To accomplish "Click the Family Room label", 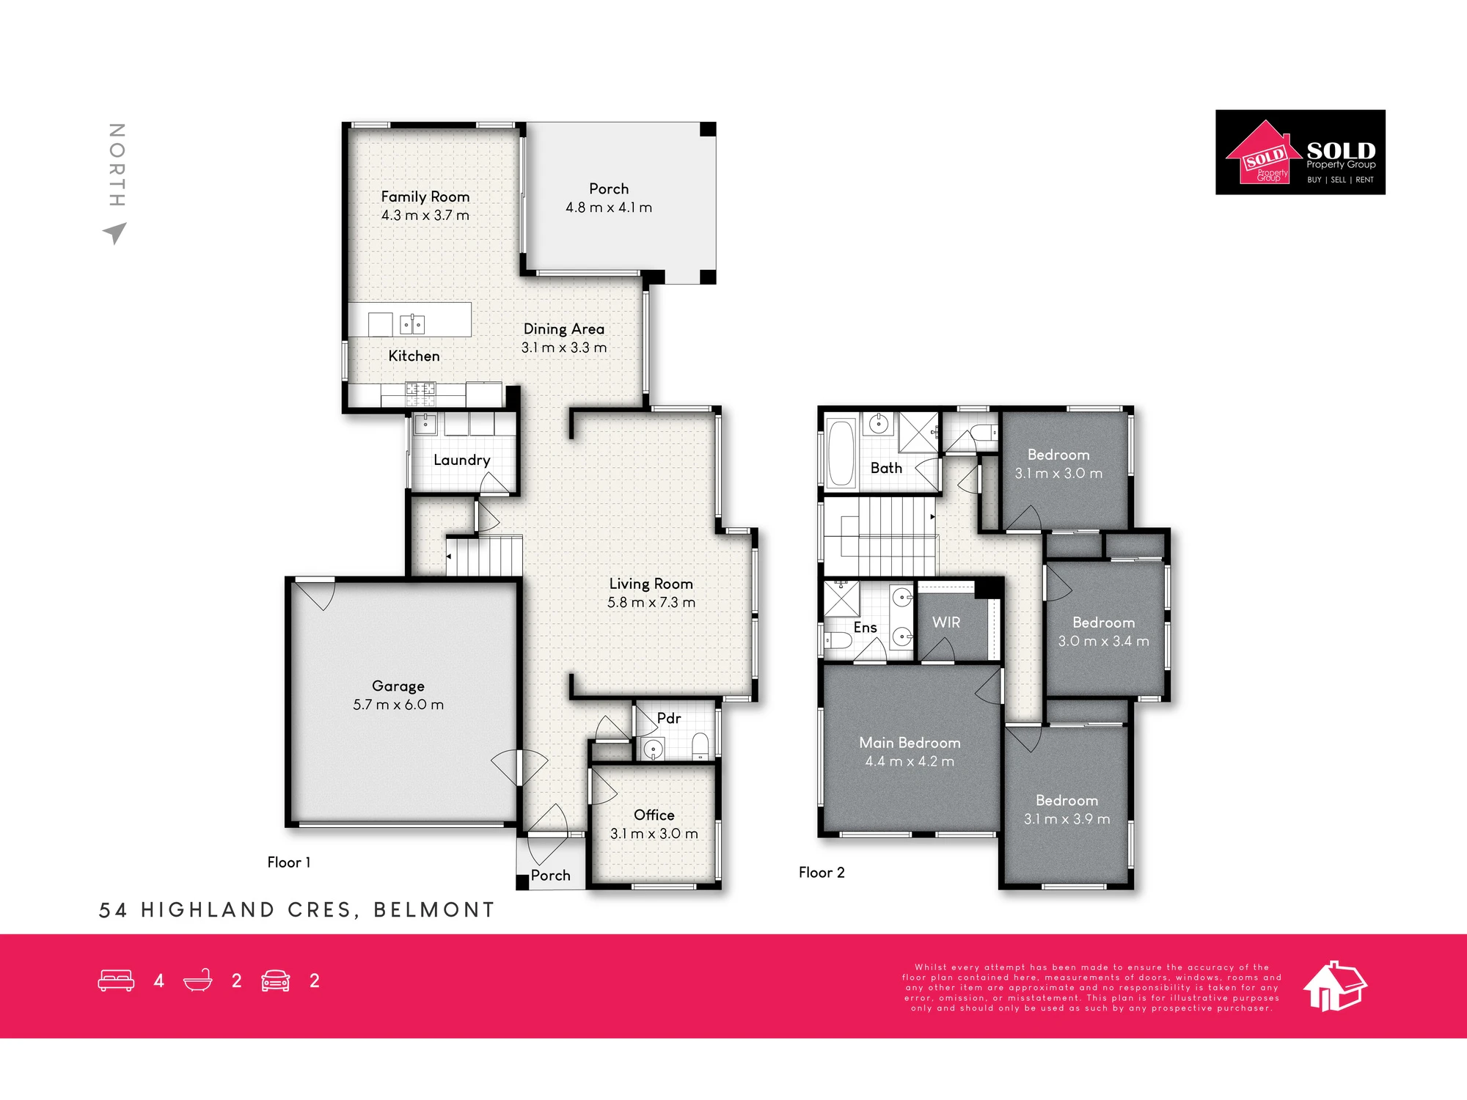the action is click(x=425, y=197).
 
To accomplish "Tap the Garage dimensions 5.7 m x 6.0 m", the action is click(x=398, y=705).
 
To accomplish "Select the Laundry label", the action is click(x=461, y=460).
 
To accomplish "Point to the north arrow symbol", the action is click(x=115, y=233).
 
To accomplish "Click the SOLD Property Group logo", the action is click(x=1300, y=153).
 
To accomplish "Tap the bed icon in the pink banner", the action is click(x=116, y=980).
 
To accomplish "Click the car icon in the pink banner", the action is click(x=276, y=980).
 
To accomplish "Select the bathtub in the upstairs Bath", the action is click(x=841, y=452).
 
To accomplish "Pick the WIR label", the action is click(x=946, y=623).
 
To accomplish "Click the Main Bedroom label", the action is click(x=910, y=743).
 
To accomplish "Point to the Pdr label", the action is click(x=669, y=719).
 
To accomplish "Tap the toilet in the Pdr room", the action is click(x=700, y=746).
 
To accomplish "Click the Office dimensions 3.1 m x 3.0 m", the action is click(x=654, y=834).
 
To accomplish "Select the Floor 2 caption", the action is click(x=822, y=873).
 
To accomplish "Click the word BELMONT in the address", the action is click(x=434, y=910).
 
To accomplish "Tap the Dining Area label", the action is click(x=564, y=329).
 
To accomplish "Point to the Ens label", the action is click(x=866, y=628).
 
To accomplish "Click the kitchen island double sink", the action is click(x=412, y=324).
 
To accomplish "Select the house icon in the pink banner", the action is click(x=1335, y=986).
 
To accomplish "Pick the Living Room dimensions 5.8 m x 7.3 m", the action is click(x=651, y=603).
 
